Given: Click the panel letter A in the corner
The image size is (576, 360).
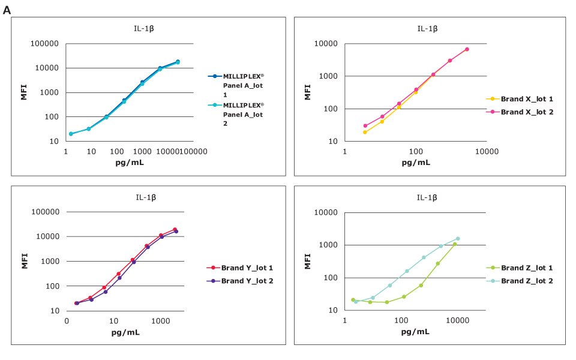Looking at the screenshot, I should [7, 10].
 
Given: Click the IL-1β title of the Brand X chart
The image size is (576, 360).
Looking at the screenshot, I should [427, 28].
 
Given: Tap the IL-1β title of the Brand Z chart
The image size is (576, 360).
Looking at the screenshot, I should [427, 197].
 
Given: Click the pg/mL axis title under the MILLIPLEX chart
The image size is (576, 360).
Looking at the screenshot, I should [129, 162].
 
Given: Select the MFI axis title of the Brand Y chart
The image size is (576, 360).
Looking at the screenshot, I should [25, 261].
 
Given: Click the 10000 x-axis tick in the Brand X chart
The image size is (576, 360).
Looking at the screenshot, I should [485, 151].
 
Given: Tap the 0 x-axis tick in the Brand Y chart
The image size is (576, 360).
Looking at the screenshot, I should [67, 321].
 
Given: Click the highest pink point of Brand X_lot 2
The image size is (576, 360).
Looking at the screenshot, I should [467, 49].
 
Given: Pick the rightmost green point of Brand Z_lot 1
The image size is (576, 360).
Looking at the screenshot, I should [455, 244].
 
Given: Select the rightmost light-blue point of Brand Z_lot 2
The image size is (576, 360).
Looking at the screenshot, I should [457, 239].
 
